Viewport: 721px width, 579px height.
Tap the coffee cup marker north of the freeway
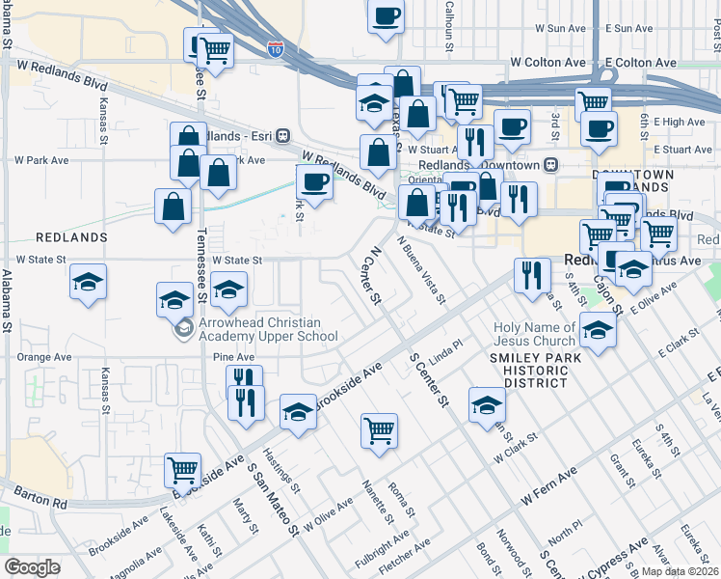pyautogui.click(x=386, y=16)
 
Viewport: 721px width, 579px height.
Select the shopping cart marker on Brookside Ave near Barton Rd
pyautogui.click(x=182, y=470)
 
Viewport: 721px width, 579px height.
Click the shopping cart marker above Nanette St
pyautogui.click(x=380, y=429)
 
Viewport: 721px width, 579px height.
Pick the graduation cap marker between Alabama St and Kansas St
pyautogui.click(x=89, y=283)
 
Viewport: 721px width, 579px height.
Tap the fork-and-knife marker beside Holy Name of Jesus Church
pyautogui.click(x=531, y=275)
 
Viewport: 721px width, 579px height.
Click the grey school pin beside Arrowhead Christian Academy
pyautogui.click(x=182, y=330)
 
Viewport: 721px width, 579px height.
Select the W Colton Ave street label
pyautogui.click(x=547, y=62)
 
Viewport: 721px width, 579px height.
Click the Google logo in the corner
pyautogui.click(x=32, y=567)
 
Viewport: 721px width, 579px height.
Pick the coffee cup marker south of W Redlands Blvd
pyautogui.click(x=314, y=180)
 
